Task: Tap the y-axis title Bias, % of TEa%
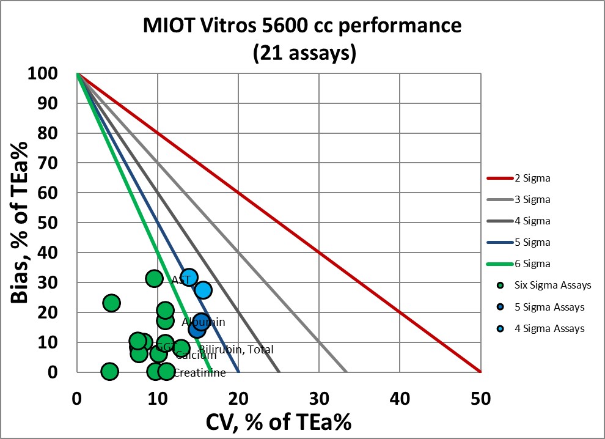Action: pyautogui.click(x=21, y=223)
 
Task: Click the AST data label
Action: pyautogui.click(x=182, y=279)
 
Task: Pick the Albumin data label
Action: pyautogui.click(x=203, y=322)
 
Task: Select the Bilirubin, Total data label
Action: pyautogui.click(x=236, y=349)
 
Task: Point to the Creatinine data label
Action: pyautogui.click(x=199, y=372)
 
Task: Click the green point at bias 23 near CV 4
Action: pyautogui.click(x=111, y=303)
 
